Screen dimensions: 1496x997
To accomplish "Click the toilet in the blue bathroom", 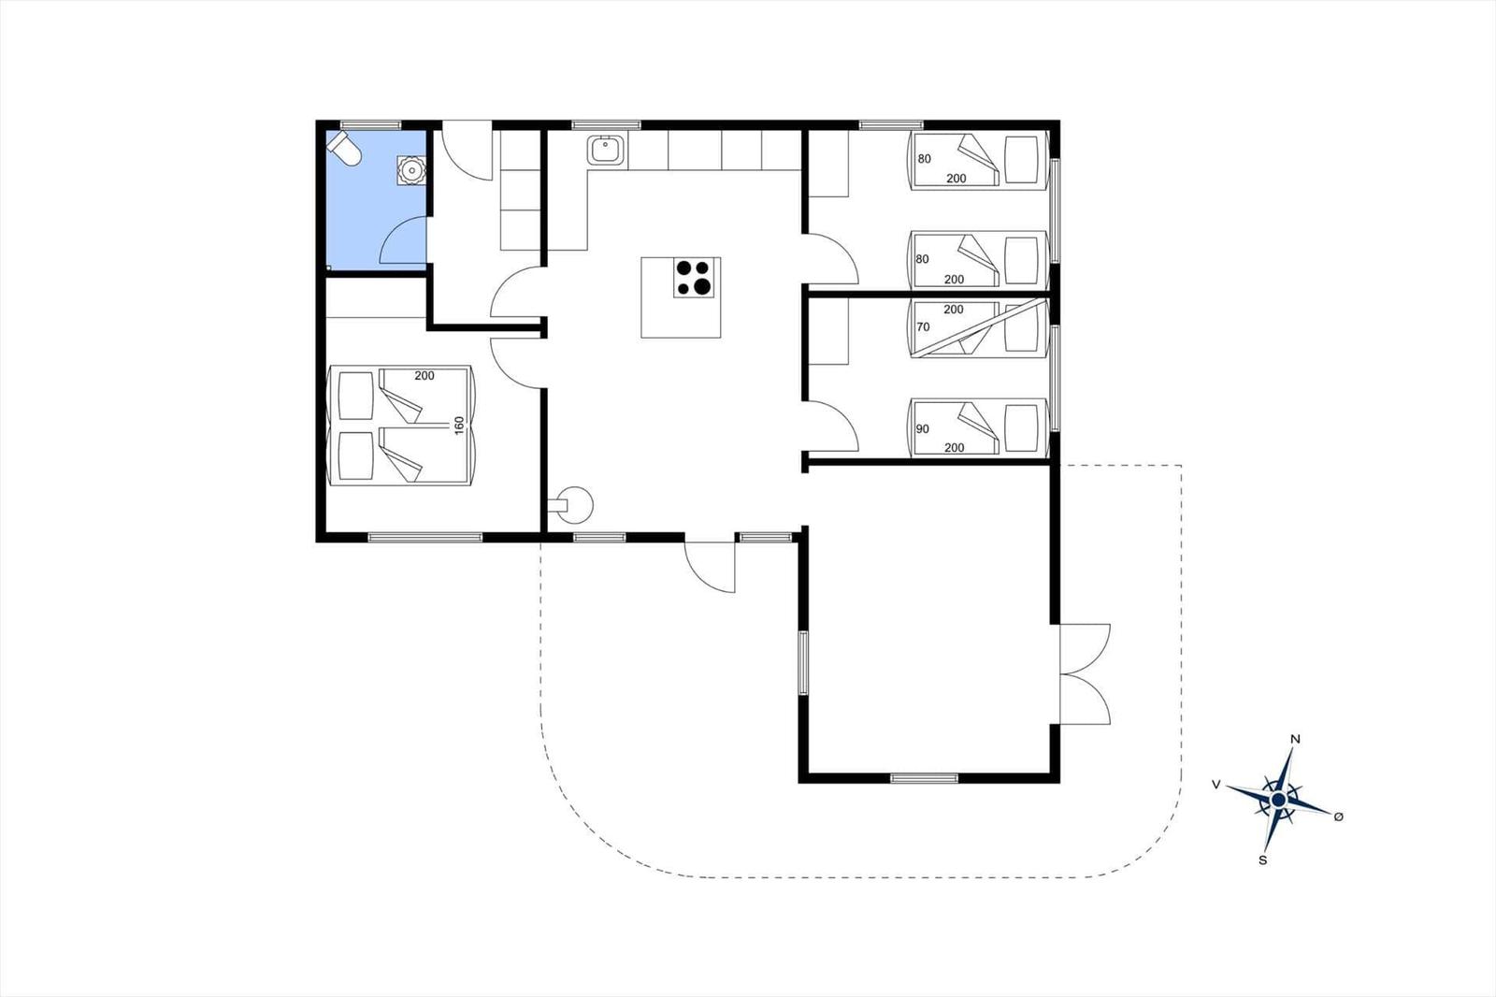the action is pos(343,149).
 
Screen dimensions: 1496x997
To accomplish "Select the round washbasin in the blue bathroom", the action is pos(411,169).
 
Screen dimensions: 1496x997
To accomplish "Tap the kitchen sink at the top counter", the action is pos(606,150).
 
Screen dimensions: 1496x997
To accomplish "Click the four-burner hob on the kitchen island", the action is pos(693,278).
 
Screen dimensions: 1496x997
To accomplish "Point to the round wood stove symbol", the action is pos(573,505).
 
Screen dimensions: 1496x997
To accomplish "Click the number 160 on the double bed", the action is pos(459,425).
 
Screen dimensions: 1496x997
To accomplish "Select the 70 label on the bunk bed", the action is pos(923,326).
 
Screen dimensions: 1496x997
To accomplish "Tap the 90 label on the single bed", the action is pos(922,429).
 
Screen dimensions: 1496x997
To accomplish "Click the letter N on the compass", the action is pos(1295,739).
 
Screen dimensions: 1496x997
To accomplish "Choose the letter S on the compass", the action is pos(1263,860).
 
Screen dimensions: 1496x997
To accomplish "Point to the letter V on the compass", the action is pos(1216,785).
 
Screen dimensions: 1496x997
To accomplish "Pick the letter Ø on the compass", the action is pos(1338,816).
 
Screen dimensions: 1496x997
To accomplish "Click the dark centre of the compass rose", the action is pos(1278,800).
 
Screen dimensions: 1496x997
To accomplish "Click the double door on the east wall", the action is pos(1084,674).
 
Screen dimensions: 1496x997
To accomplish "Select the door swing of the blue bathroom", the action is pos(403,240).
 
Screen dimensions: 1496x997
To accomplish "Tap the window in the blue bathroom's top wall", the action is pos(370,125).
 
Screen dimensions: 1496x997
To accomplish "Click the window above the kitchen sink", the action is pos(607,125).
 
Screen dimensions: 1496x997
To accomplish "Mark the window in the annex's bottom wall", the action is pos(925,778).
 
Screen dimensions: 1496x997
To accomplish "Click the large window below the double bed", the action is pos(424,537).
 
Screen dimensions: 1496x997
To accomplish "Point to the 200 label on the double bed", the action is pos(424,376).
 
